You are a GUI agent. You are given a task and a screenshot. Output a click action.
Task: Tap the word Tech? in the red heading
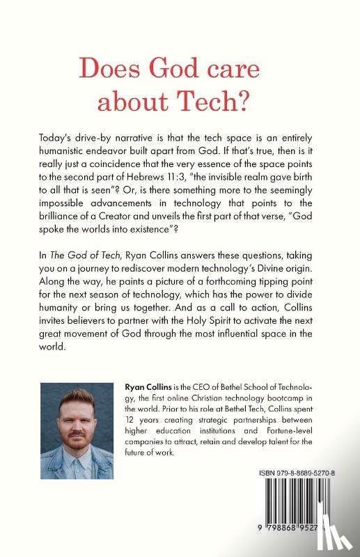pyautogui.click(x=230, y=102)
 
